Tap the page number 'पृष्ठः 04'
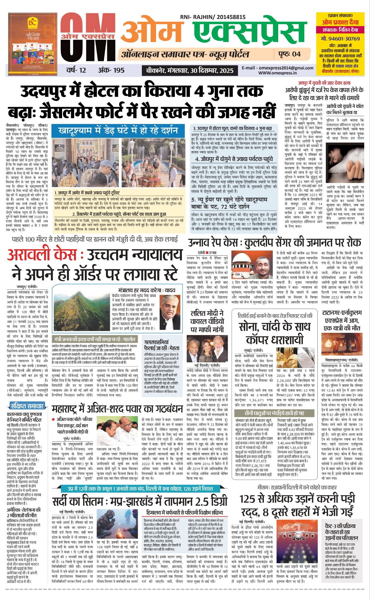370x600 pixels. pyautogui.click(x=289, y=54)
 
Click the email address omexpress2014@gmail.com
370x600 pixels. pyautogui.click(x=278, y=68)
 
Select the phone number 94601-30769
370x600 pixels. pyautogui.click(x=340, y=39)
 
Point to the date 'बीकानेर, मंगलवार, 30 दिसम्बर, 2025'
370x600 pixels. pyautogui.click(x=190, y=71)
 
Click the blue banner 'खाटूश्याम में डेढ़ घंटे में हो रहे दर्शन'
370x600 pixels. pyautogui.click(x=118, y=130)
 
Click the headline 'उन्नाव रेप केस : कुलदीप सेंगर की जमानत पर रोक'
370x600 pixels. pyautogui.click(x=275, y=242)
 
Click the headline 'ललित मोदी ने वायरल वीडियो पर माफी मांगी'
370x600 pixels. pyautogui.click(x=207, y=321)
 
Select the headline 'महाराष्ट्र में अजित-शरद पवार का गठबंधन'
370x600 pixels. pyautogui.click(x=117, y=409)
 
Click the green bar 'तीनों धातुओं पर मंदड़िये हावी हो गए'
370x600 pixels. pyautogui.click(x=274, y=413)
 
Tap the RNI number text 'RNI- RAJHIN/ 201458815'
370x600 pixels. pyautogui.click(x=213, y=17)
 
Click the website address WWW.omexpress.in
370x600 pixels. pyautogui.click(x=278, y=73)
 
